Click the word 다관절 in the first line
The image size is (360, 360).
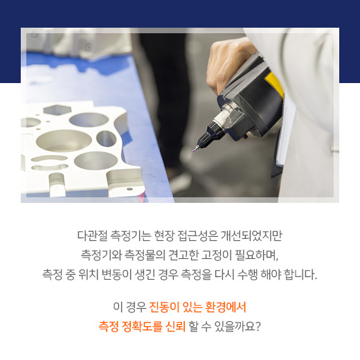coord(91,234)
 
